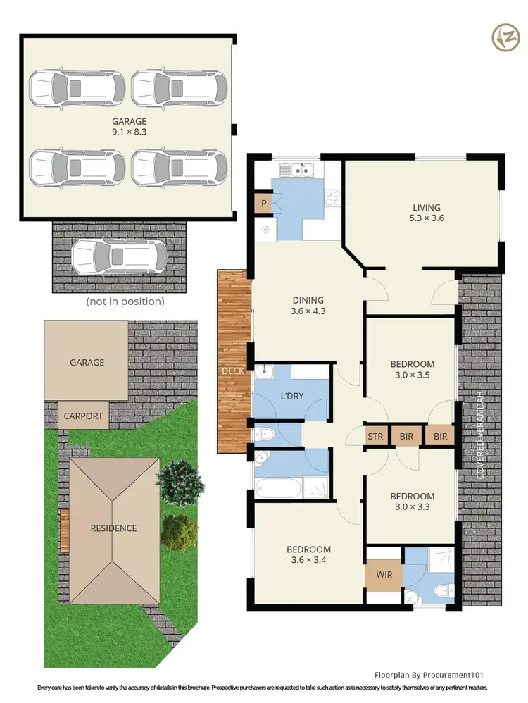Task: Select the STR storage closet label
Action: click(x=375, y=437)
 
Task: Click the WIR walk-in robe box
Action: click(x=383, y=575)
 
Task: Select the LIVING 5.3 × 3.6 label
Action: click(x=427, y=213)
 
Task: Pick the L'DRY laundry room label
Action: click(x=291, y=396)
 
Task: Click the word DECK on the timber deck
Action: click(x=232, y=371)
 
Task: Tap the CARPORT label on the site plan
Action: click(x=83, y=416)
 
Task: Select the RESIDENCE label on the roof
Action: click(x=113, y=528)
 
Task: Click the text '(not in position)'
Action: click(x=125, y=301)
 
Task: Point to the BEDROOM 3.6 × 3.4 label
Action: click(x=308, y=555)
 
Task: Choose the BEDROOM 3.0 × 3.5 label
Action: click(x=413, y=370)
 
